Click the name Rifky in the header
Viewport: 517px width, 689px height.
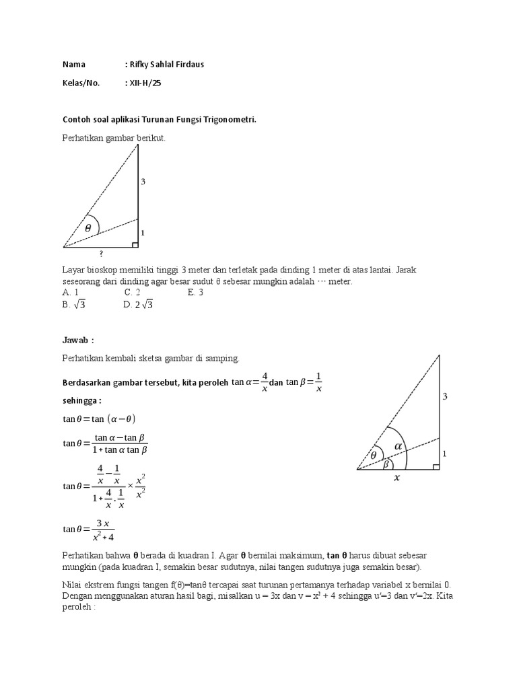pos(140,65)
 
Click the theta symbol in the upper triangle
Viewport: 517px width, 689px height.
pos(88,227)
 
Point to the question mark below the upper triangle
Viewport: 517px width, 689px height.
pos(101,254)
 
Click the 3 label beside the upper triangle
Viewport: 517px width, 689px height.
pos(143,182)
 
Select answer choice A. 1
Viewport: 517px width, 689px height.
pos(71,292)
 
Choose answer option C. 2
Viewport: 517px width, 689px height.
pos(132,292)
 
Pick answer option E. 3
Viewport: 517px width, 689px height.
pos(196,292)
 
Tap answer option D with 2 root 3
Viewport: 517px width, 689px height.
pos(139,304)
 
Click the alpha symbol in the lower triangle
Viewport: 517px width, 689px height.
pos(398,445)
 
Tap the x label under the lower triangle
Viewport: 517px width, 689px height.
pos(397,478)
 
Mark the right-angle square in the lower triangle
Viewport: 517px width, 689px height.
pos(436,466)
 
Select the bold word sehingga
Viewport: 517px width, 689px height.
pos(81,400)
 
